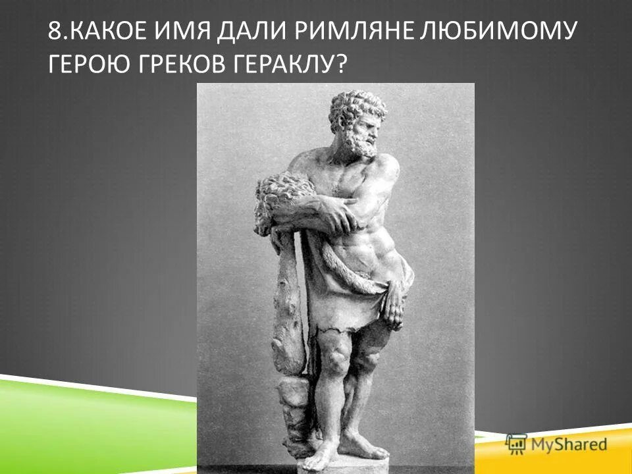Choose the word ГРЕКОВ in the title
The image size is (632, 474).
coord(174,64)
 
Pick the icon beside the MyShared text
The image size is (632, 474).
coord(515,444)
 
